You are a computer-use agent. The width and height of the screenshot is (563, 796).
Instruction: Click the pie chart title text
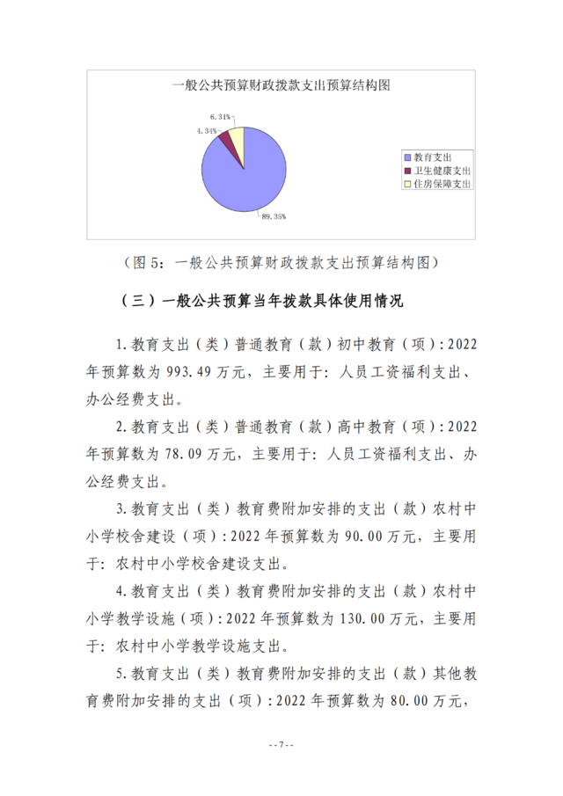(281, 85)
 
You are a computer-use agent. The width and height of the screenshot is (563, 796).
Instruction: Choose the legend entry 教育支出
(431, 156)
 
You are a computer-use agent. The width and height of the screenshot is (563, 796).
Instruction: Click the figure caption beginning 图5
(281, 263)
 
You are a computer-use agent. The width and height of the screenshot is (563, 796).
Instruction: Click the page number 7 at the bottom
(281, 746)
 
